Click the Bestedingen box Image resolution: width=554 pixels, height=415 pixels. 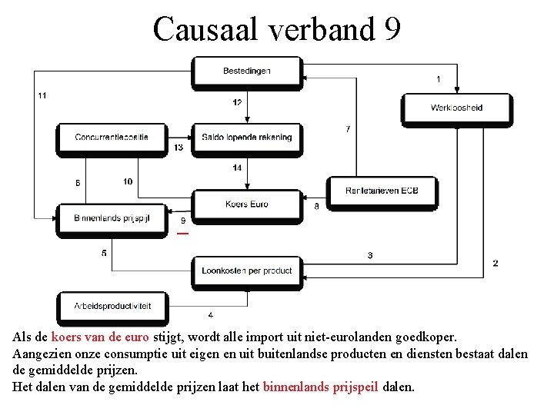pyautogui.click(x=246, y=71)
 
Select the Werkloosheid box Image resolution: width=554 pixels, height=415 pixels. pyautogui.click(x=456, y=108)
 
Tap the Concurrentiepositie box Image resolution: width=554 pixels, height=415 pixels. pyautogui.click(x=112, y=138)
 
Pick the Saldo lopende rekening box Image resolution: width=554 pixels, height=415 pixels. pyautogui.click(x=246, y=138)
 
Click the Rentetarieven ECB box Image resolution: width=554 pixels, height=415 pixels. pyautogui.click(x=382, y=191)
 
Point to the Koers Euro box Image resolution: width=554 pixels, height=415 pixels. pyautogui.click(x=246, y=204)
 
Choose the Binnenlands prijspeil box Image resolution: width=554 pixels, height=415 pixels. pyautogui.click(x=112, y=218)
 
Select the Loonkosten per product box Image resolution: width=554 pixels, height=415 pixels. pyautogui.click(x=246, y=271)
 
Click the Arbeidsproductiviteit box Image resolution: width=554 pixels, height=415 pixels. pyautogui.click(x=112, y=306)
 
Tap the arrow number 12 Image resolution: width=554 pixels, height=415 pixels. pyautogui.click(x=237, y=103)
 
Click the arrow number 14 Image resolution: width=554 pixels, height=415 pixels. pyautogui.click(x=237, y=168)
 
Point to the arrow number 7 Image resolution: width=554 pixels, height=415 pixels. pyautogui.click(x=348, y=129)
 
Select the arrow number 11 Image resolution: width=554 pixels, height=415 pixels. pyautogui.click(x=42, y=95)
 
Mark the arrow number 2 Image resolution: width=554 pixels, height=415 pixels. pyautogui.click(x=496, y=263)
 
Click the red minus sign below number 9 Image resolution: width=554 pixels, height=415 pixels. pyautogui.click(x=182, y=233)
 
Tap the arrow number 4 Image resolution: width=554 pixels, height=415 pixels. pyautogui.click(x=211, y=315)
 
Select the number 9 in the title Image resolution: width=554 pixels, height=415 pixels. pyautogui.click(x=391, y=29)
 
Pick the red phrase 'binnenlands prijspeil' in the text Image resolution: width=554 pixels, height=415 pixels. pyautogui.click(x=320, y=387)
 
